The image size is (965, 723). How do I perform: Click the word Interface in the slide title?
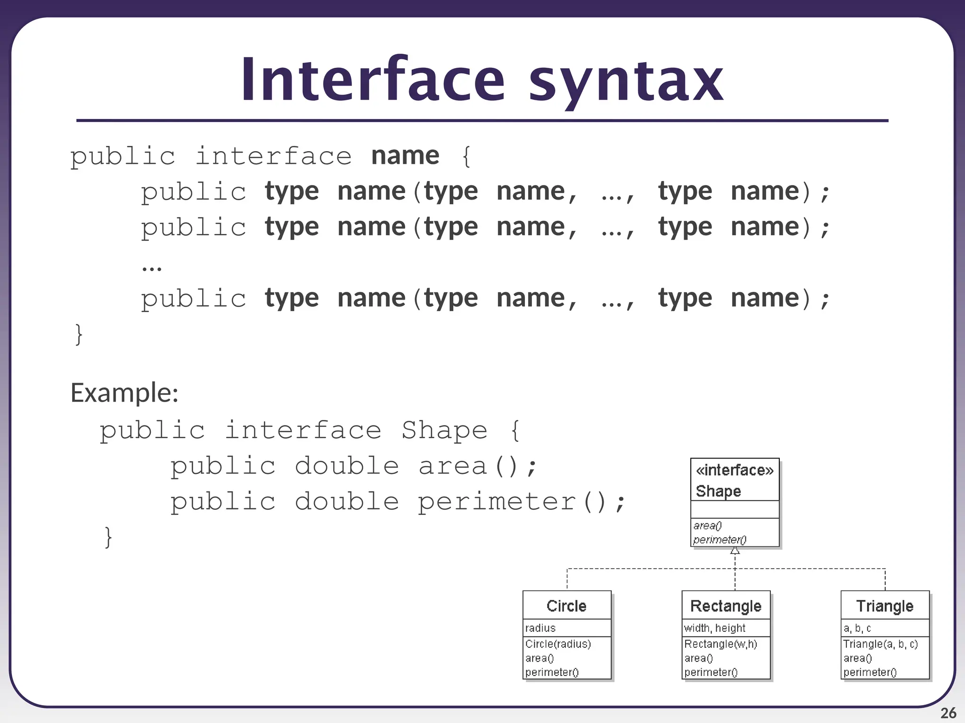pos(373,80)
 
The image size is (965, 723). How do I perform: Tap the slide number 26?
pos(948,713)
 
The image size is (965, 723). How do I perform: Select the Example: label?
pos(124,393)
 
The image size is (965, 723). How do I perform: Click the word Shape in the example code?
pos(444,430)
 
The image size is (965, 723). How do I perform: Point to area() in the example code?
pos(477,466)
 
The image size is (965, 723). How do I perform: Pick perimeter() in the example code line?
pos(521,502)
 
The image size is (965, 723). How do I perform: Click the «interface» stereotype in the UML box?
pos(734,470)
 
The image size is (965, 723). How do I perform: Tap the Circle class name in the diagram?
pos(566,606)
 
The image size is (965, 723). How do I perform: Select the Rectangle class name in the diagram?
pos(726,606)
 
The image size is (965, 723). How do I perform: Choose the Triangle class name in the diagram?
pos(884,606)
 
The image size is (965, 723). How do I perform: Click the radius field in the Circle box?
pos(540,628)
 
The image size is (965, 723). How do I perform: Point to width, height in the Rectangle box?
pos(714,628)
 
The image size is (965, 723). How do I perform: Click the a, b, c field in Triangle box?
pos(857,628)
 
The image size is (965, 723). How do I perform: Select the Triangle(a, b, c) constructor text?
pos(880,644)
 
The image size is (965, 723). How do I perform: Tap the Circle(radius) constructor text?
pos(558,644)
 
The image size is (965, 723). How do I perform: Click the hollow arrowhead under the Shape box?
pos(735,550)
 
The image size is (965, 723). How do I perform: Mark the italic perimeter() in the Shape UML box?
pos(720,539)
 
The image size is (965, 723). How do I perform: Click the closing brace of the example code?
pos(108,537)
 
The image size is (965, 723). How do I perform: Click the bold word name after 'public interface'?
pos(405,155)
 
